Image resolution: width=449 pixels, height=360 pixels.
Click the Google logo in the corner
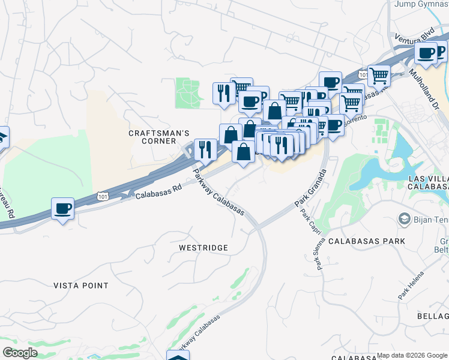tap(20, 353)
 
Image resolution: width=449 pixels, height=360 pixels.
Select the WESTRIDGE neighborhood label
tap(203, 247)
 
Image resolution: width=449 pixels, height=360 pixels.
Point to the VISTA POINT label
tap(81, 286)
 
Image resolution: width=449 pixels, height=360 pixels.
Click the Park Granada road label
tap(310, 188)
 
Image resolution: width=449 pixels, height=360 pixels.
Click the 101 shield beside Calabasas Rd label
tap(103, 196)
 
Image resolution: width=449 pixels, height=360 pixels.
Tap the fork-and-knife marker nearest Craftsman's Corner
tap(206, 149)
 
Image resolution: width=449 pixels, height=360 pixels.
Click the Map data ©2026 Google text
tap(412, 355)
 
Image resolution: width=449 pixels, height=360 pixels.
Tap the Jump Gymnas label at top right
tap(421, 4)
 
